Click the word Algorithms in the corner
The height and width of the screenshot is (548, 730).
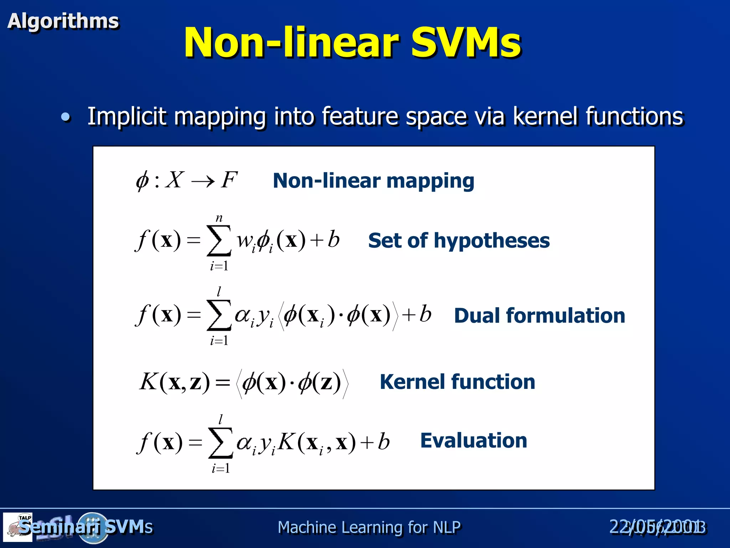pyautogui.click(x=63, y=21)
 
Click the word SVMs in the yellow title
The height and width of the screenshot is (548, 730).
pyautogui.click(x=466, y=43)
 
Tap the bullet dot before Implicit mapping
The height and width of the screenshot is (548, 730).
pyautogui.click(x=66, y=117)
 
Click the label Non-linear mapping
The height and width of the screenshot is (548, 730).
pyautogui.click(x=373, y=181)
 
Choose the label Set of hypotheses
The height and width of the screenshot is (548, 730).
pyautogui.click(x=459, y=240)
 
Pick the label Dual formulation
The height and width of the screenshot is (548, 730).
pyautogui.click(x=539, y=316)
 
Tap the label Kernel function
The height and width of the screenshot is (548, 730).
pyautogui.click(x=457, y=382)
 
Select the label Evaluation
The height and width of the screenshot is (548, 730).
pyautogui.click(x=473, y=441)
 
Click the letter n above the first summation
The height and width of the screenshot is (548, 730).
pyautogui.click(x=219, y=218)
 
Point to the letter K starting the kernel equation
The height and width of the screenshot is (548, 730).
pyautogui.click(x=148, y=382)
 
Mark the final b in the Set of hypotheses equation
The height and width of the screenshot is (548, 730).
pyautogui.click(x=333, y=239)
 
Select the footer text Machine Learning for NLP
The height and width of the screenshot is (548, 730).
pyautogui.click(x=369, y=527)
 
